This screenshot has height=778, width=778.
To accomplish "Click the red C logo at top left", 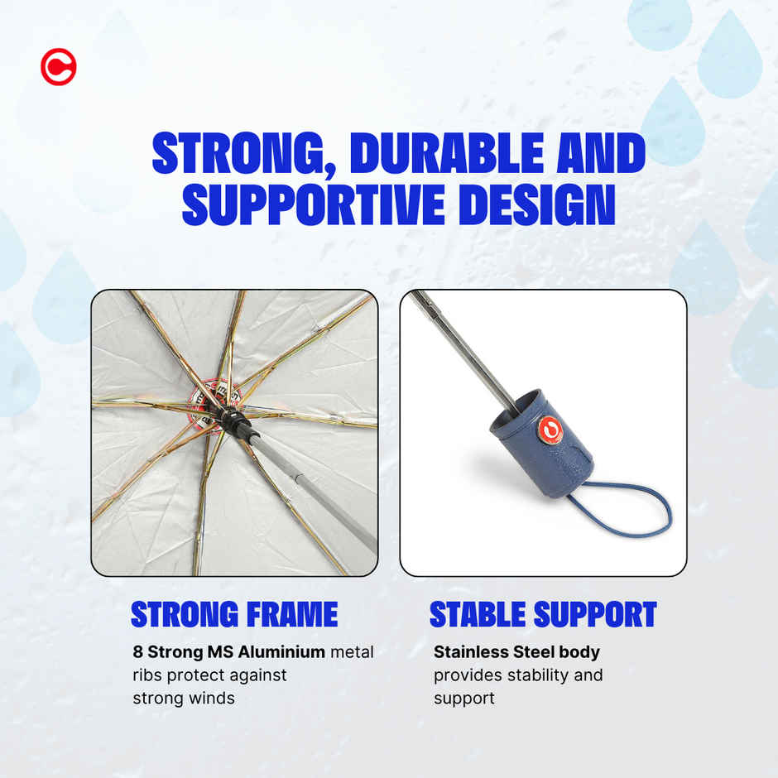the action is pos(59,67).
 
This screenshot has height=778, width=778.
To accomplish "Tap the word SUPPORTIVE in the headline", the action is pos(313,204).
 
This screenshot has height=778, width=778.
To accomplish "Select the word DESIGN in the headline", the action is pos(537,204).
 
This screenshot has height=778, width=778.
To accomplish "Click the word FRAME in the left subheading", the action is pos(292,614).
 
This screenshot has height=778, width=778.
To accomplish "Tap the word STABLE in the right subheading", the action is pos(478,614).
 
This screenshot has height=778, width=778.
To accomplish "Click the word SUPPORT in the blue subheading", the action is pos(595,614).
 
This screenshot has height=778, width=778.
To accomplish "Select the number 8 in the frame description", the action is pos(137,651).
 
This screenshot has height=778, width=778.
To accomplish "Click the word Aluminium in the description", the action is pos(281,651).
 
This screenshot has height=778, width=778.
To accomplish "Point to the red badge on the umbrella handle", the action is pos(550,430).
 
